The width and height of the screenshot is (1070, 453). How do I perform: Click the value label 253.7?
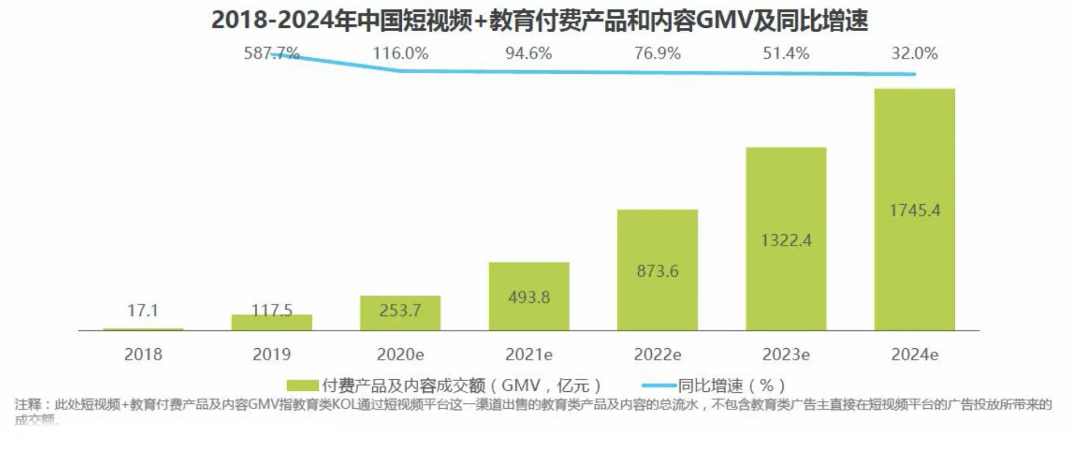[400, 310]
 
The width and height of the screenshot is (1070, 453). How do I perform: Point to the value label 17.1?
[143, 310]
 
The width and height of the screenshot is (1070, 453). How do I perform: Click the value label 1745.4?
[914, 210]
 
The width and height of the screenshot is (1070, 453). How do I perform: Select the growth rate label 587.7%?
[271, 53]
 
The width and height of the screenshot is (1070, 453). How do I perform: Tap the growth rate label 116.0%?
[400, 53]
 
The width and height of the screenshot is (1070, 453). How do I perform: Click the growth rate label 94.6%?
[528, 53]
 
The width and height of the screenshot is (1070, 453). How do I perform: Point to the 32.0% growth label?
[914, 53]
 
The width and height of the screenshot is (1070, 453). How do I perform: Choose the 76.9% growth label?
[657, 53]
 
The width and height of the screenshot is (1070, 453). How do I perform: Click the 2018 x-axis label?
[143, 354]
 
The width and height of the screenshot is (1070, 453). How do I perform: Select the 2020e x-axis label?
[400, 354]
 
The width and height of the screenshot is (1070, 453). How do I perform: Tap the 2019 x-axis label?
[271, 354]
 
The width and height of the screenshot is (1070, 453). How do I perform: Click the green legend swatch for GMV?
[302, 385]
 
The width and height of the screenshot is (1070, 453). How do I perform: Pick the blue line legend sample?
[659, 385]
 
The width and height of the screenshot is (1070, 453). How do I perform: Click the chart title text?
[539, 21]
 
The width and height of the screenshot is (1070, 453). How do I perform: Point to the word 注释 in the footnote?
[28, 404]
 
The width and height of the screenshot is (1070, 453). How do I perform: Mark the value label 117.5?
[271, 310]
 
